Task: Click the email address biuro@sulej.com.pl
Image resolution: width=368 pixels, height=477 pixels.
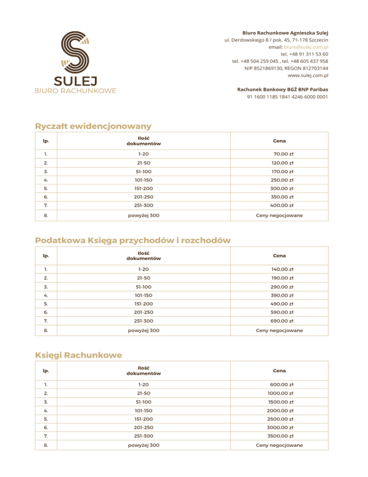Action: pyautogui.click(x=306, y=48)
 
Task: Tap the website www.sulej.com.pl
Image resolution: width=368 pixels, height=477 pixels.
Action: pyautogui.click(x=308, y=75)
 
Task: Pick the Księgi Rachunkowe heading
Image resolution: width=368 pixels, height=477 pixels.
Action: pyautogui.click(x=79, y=355)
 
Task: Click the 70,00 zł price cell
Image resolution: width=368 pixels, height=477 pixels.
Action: pyautogui.click(x=283, y=155)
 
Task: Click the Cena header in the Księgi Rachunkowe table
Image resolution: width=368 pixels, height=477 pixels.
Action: pyautogui.click(x=279, y=370)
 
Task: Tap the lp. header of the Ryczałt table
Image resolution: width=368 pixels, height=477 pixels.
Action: pyautogui.click(x=46, y=141)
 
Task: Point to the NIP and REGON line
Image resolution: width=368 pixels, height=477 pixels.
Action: pyautogui.click(x=286, y=68)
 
